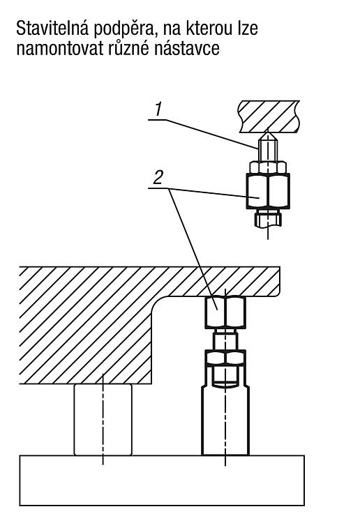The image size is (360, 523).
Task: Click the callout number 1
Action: pyautogui.click(x=158, y=109)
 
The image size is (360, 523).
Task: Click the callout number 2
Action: pyautogui.click(x=158, y=177)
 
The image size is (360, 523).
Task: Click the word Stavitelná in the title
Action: pyautogui.click(x=52, y=29)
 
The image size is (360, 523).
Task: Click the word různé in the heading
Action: pyautogui.click(x=128, y=48)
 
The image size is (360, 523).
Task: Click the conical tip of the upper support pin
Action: pyautogui.click(x=268, y=136)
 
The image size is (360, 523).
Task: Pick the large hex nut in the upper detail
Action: pyautogui.click(x=268, y=190)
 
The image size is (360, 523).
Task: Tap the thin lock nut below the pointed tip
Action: pyautogui.click(x=268, y=167)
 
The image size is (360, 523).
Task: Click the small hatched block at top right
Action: pyautogui.click(x=269, y=116)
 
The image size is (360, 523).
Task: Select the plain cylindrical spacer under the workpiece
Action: pyautogui.click(x=103, y=419)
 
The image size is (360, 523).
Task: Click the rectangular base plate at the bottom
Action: pyautogui.click(x=162, y=480)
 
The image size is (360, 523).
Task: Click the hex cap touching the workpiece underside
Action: pyautogui.click(x=225, y=312)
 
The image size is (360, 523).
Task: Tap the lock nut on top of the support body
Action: pyautogui.click(x=225, y=358)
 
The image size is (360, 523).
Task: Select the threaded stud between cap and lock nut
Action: pyautogui.click(x=225, y=339)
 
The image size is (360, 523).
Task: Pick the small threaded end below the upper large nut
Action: pyautogui.click(x=268, y=218)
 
